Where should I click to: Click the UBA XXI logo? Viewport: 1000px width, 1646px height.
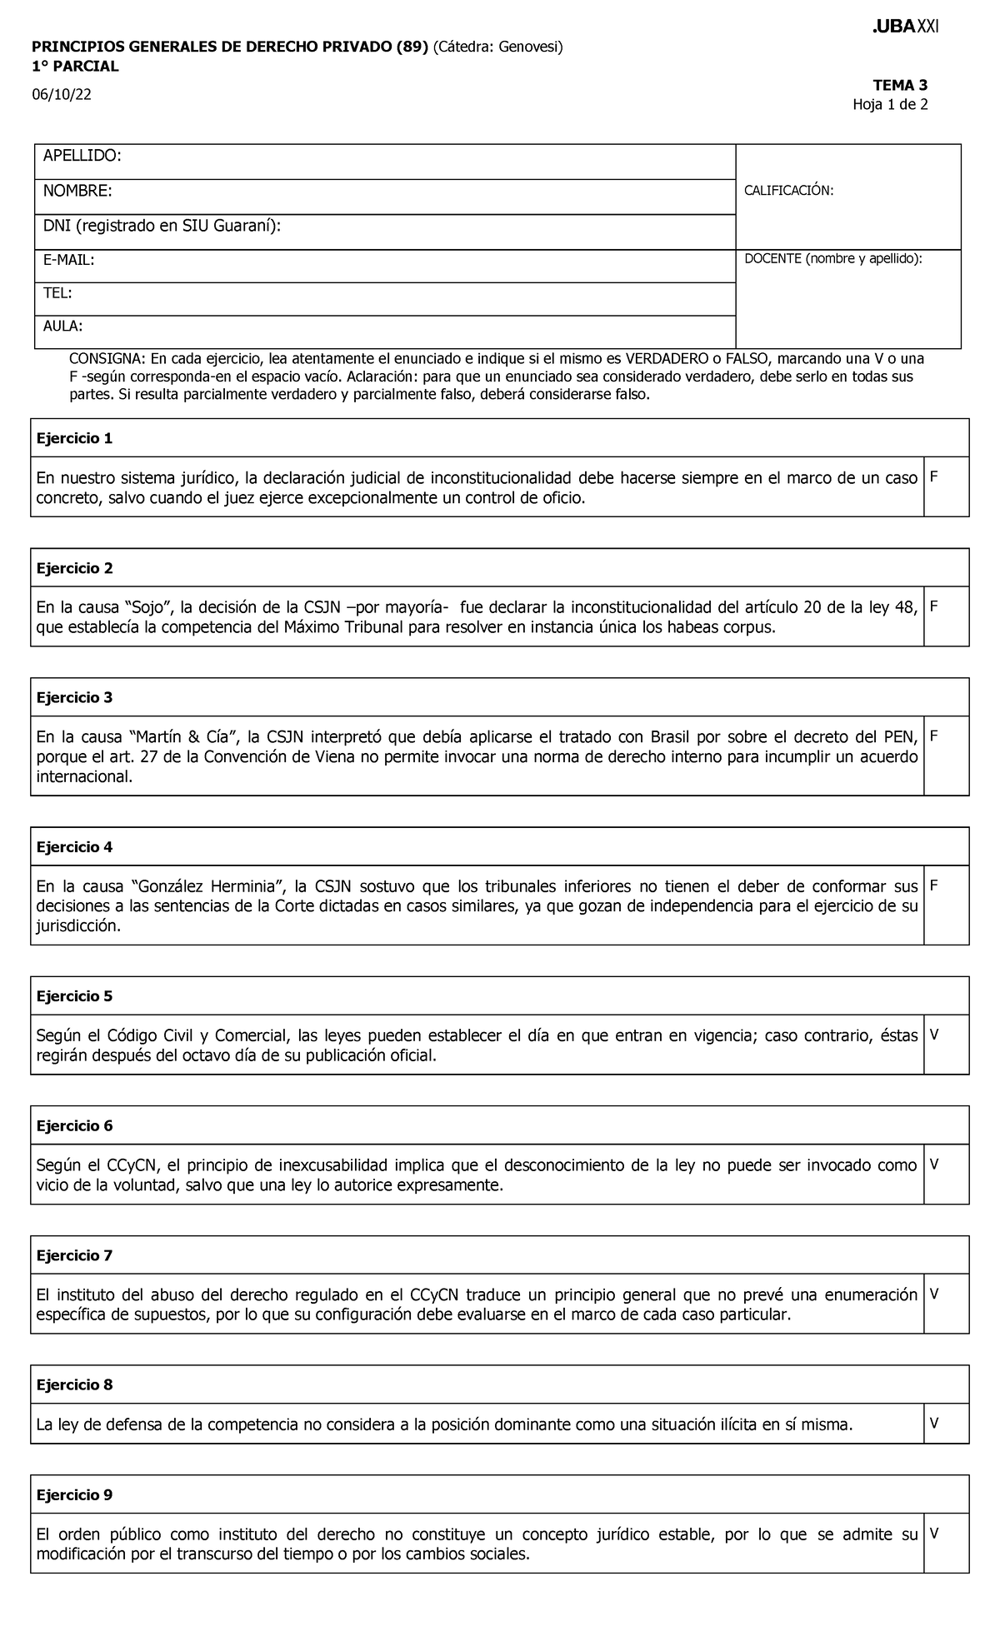(904, 27)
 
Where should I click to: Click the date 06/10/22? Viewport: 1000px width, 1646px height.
(61, 95)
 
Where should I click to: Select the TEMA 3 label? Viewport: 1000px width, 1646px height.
(899, 85)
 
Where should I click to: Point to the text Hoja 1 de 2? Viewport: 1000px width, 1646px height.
(889, 105)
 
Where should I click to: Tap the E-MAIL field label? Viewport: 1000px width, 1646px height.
(68, 261)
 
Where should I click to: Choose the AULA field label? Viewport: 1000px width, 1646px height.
(62, 327)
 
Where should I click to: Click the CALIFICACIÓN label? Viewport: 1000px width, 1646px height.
(787, 191)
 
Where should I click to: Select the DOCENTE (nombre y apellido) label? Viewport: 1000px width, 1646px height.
(832, 259)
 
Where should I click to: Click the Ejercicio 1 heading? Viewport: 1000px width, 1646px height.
(74, 438)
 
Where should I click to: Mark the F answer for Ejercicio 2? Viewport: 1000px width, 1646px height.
(933, 606)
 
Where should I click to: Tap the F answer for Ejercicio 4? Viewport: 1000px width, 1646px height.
(933, 885)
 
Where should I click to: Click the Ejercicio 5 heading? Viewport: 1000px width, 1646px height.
(74, 996)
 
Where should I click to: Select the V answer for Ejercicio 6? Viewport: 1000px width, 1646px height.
(933, 1165)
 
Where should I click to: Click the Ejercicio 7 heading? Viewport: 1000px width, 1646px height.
(74, 1255)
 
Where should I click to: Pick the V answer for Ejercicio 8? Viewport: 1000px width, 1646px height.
(933, 1424)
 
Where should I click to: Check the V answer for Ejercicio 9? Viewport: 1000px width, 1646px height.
(933, 1533)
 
